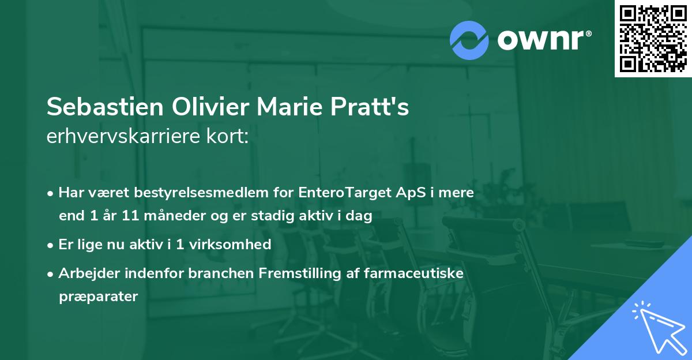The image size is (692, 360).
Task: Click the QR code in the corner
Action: tap(653, 39)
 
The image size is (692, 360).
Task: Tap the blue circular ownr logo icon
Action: tap(469, 40)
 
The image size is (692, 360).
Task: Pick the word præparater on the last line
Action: tap(98, 297)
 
